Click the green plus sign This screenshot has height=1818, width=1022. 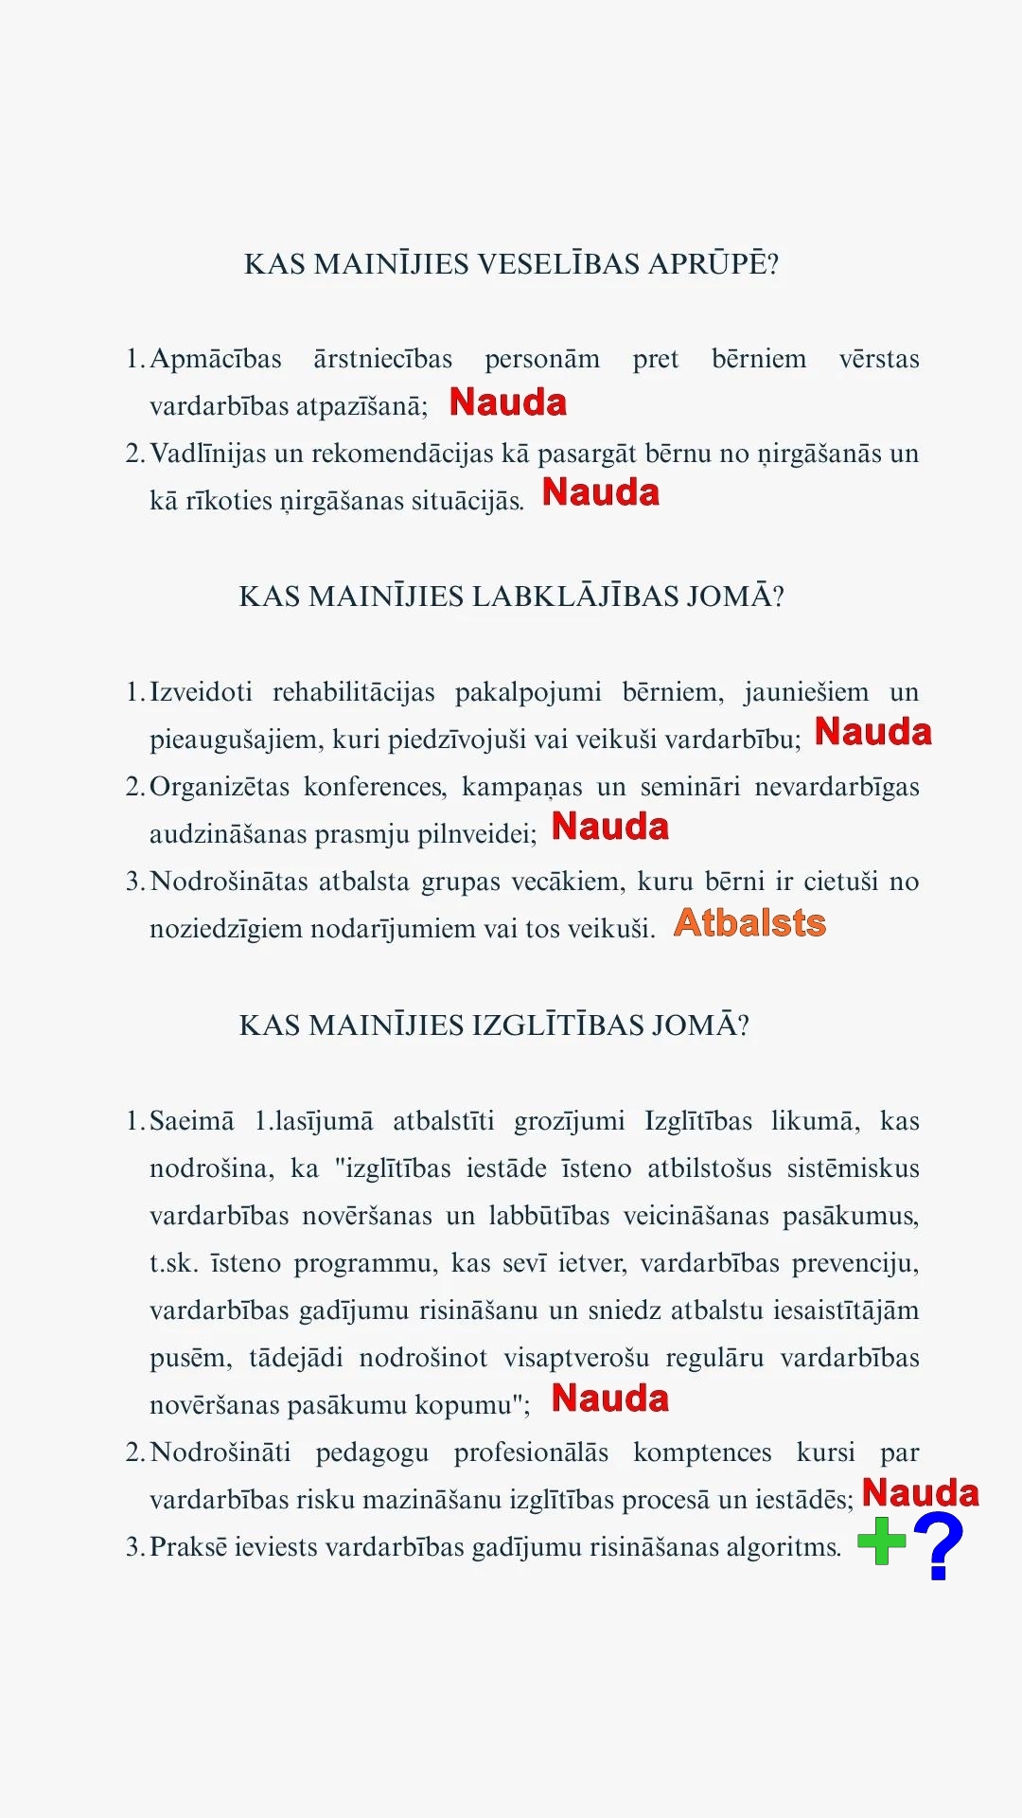[882, 1542]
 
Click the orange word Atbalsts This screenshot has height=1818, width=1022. [749, 923]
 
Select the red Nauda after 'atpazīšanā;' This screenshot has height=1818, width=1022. [508, 402]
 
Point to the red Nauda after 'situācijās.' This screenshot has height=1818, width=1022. [600, 492]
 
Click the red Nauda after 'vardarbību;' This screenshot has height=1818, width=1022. [872, 732]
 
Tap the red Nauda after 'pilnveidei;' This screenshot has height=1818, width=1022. [610, 827]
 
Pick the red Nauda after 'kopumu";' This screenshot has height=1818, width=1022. [610, 1399]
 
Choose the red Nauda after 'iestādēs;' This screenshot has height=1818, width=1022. [920, 1493]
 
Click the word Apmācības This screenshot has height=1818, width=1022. [216, 359]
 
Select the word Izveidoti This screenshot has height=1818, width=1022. [201, 692]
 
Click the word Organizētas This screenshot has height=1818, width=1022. [217, 787]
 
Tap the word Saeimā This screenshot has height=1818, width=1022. [191, 1121]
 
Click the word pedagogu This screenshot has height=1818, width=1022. [372, 1453]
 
